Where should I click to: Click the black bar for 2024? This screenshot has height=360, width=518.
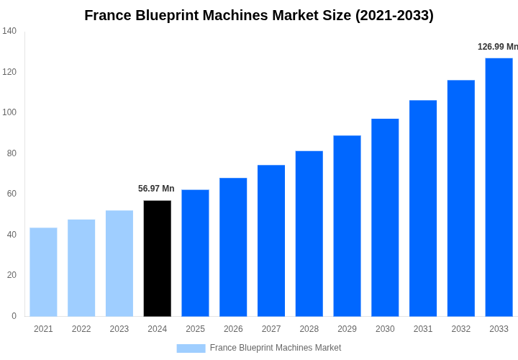(x=158, y=258)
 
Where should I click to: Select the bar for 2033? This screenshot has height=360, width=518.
(x=499, y=187)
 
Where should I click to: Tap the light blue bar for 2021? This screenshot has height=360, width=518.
(x=43, y=272)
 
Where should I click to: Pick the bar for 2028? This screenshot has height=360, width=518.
(x=309, y=233)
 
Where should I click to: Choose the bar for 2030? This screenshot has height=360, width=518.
(x=385, y=217)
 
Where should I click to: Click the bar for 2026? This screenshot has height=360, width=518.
(x=233, y=247)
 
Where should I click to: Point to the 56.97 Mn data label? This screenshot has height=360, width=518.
(x=156, y=189)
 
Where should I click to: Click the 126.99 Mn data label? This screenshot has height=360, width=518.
(x=497, y=47)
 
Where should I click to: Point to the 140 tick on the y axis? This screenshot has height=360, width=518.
(x=9, y=31)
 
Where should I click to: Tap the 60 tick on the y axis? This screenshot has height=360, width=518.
(x=12, y=194)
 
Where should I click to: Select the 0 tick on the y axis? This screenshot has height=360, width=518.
(x=14, y=316)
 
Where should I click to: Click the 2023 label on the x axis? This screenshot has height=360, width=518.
(x=119, y=329)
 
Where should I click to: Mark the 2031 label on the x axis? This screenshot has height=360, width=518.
(x=423, y=329)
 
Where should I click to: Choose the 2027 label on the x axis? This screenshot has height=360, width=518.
(x=271, y=329)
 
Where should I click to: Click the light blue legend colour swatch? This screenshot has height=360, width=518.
(x=191, y=348)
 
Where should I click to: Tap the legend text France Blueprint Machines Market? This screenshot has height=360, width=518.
(x=276, y=348)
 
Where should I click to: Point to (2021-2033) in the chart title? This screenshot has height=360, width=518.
(x=394, y=15)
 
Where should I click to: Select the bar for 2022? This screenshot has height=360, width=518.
(x=81, y=268)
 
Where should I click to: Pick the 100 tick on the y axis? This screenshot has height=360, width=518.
(x=9, y=112)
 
